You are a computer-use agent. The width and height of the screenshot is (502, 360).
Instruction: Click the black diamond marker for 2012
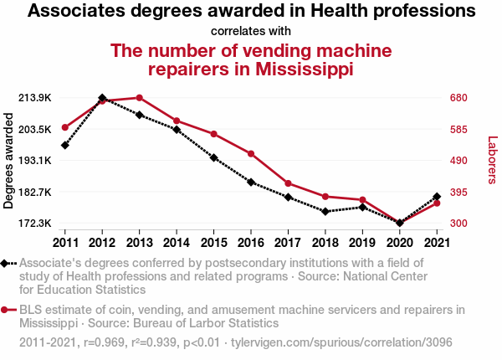pyautogui.click(x=102, y=98)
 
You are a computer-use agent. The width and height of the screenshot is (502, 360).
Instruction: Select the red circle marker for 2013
pyautogui.click(x=139, y=98)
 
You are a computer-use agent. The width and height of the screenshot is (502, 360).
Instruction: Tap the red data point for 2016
pyautogui.click(x=250, y=153)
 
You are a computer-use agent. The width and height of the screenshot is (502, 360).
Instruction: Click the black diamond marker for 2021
pyautogui.click(x=437, y=197)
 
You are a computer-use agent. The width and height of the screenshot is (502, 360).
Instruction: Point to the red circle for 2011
pyautogui.click(x=65, y=127)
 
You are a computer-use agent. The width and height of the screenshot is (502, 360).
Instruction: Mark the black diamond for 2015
pyautogui.click(x=213, y=157)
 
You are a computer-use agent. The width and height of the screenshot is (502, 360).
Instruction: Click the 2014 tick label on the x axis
pyautogui.click(x=177, y=243)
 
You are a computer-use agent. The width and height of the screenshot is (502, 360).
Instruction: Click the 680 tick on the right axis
pyautogui.click(x=458, y=98)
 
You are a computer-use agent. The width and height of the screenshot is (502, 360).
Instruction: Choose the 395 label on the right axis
pyautogui.click(x=458, y=193)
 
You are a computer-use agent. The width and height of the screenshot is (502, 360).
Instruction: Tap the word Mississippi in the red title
pyautogui.click(x=304, y=69)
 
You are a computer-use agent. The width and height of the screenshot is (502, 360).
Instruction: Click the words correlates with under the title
pyautogui.click(x=251, y=31)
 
